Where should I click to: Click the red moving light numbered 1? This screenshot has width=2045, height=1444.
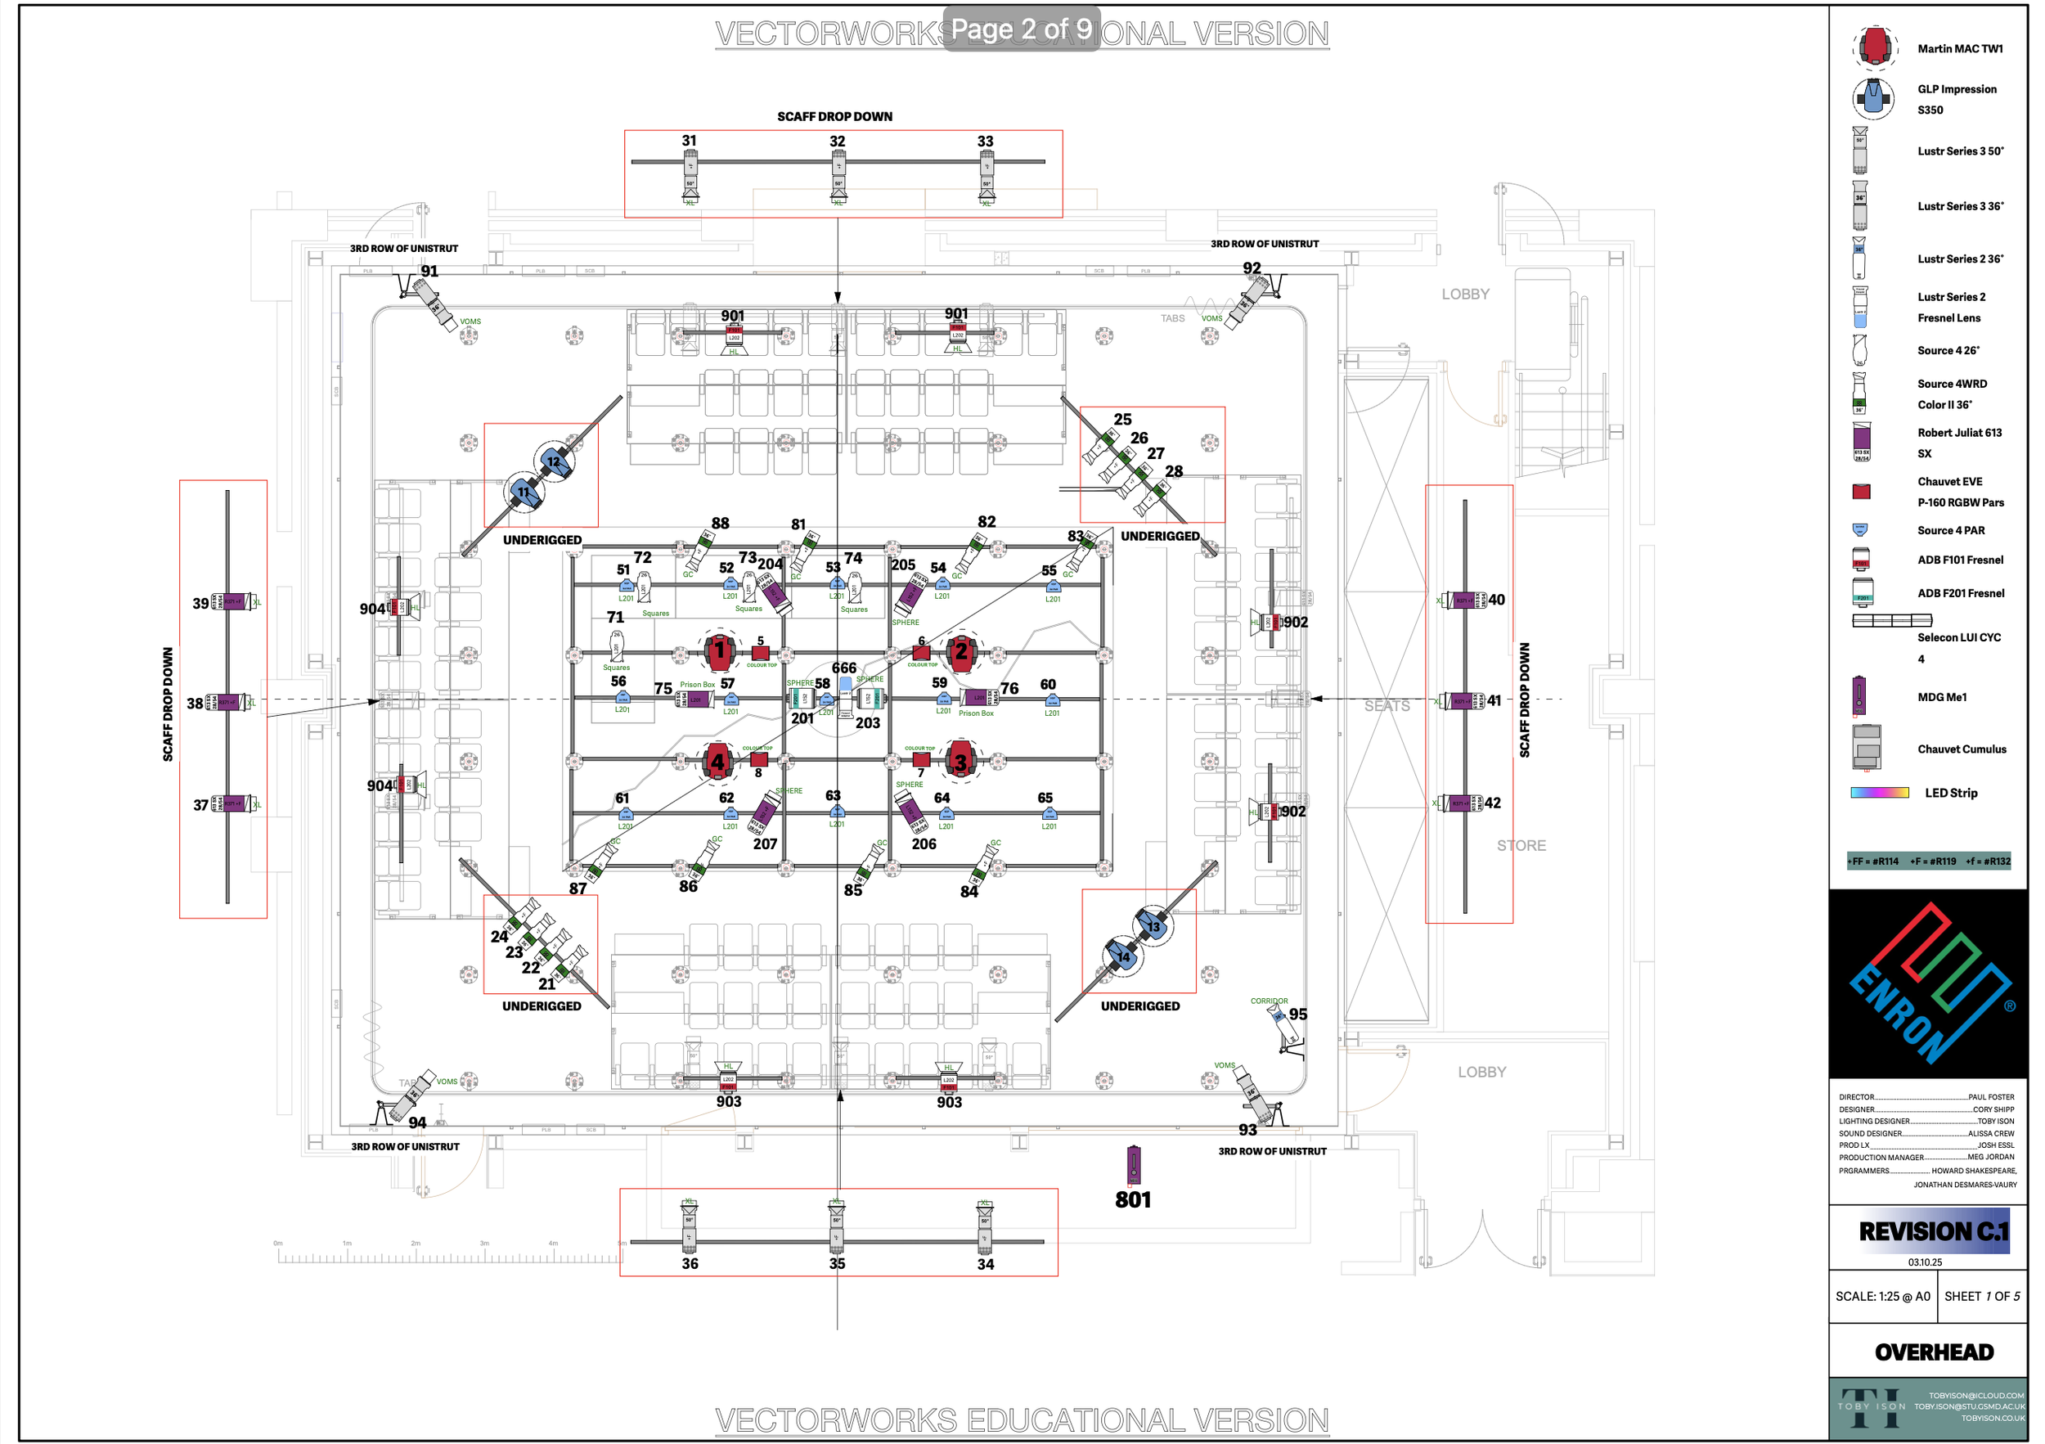click(x=719, y=651)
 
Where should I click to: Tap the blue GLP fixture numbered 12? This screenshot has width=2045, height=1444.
click(x=554, y=461)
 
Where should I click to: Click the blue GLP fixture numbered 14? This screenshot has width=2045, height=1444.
click(x=1123, y=956)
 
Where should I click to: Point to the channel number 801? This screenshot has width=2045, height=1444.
click(x=1132, y=1200)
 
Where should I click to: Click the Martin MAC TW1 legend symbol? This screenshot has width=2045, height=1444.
click(x=1874, y=47)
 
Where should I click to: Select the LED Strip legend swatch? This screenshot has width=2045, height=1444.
click(x=1879, y=793)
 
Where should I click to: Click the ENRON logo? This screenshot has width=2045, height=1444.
click(x=1928, y=983)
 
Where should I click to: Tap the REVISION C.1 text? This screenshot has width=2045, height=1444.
click(x=1934, y=1232)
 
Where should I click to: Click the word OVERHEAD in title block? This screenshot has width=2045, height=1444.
click(x=1934, y=1352)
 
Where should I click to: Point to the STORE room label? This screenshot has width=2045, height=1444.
click(x=1521, y=845)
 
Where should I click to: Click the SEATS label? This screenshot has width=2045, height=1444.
click(x=1387, y=705)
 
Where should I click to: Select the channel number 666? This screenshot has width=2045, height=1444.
click(x=843, y=668)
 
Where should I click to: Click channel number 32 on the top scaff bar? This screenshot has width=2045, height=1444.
click(x=838, y=142)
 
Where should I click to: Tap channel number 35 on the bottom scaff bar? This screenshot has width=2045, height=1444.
click(x=838, y=1263)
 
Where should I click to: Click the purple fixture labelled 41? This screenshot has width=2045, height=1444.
click(x=1463, y=701)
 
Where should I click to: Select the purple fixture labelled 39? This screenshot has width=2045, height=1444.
click(x=234, y=602)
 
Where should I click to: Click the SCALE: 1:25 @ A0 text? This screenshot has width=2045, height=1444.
click(x=1882, y=1296)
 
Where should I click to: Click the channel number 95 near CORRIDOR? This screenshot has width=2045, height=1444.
click(x=1297, y=1014)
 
